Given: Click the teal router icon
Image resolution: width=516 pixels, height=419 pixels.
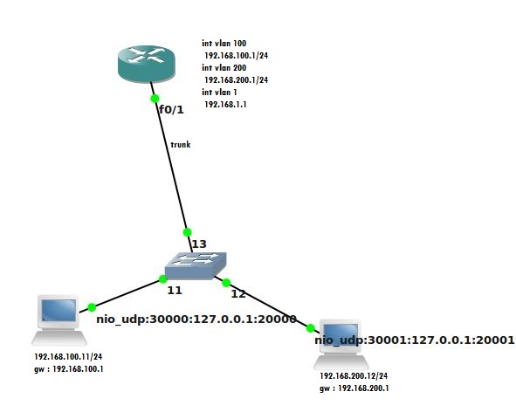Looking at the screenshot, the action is (x=147, y=64).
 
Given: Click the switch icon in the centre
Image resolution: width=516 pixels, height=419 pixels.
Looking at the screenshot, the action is (x=196, y=265).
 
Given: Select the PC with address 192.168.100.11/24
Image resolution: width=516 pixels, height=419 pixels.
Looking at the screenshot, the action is (x=59, y=320).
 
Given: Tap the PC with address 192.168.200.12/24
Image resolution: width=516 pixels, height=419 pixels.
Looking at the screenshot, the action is (x=341, y=345).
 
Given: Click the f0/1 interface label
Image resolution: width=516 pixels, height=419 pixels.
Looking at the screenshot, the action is (x=171, y=109).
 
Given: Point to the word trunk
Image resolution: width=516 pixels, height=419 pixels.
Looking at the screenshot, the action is (x=181, y=144).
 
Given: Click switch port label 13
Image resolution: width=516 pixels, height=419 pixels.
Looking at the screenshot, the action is (x=199, y=244).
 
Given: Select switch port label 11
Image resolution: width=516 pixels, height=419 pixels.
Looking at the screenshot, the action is (x=175, y=291).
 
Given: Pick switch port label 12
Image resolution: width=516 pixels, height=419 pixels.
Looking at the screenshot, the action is (x=238, y=293).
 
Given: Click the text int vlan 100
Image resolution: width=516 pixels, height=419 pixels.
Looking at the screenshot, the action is (x=224, y=43).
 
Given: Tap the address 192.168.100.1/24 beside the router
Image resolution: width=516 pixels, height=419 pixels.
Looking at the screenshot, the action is (x=237, y=55).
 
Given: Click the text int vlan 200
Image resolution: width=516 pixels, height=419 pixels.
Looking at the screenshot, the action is (x=224, y=67).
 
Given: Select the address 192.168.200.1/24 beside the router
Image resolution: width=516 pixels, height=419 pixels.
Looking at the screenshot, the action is (x=237, y=79).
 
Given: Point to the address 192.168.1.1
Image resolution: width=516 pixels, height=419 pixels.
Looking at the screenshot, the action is (x=225, y=104).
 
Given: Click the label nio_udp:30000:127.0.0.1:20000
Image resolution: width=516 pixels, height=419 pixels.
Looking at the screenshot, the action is (x=196, y=319).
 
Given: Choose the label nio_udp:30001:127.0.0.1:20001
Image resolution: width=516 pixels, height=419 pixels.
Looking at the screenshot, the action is (x=415, y=340).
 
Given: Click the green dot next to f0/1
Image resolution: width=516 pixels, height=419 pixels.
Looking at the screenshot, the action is (x=155, y=99).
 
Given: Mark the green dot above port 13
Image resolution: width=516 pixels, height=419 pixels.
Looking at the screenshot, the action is (x=187, y=232).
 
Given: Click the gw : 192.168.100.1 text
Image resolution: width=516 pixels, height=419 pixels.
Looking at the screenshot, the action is (x=69, y=369).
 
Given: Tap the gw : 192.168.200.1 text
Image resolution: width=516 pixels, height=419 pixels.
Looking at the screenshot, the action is (x=354, y=388).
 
